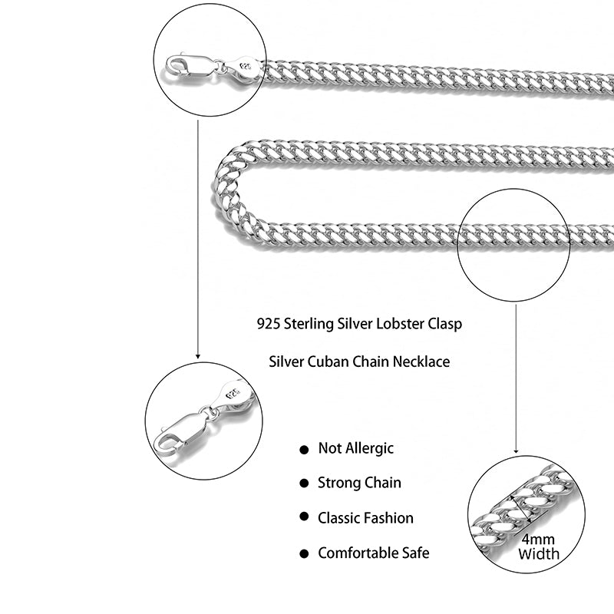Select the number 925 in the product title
click(x=269, y=324)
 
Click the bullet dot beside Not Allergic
click(x=304, y=450)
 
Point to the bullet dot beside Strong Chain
click(x=304, y=484)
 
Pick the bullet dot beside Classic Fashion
click(x=304, y=518)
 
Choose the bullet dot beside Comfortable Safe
click(x=304, y=553)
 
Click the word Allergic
click(x=368, y=448)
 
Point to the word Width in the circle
click(x=539, y=553)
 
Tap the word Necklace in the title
click(x=420, y=361)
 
